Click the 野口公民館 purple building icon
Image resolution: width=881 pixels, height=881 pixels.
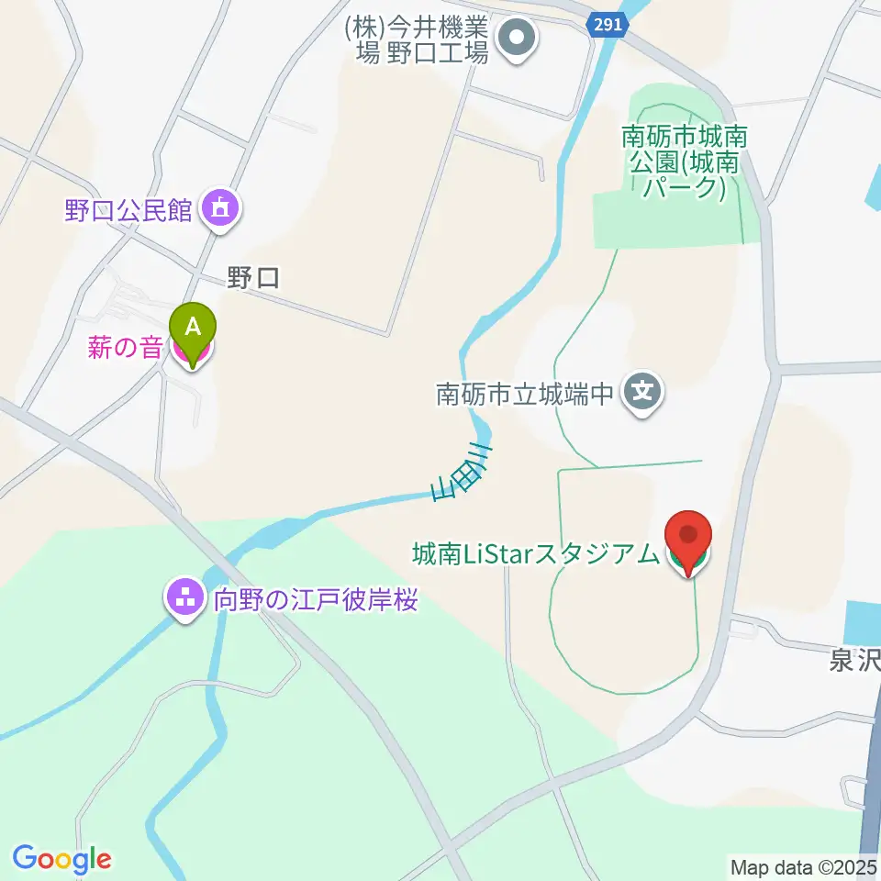(221, 211)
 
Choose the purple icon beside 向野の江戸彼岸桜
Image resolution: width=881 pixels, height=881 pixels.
(185, 601)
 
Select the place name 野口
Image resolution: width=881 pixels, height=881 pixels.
(253, 278)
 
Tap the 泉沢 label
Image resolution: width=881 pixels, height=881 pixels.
(853, 661)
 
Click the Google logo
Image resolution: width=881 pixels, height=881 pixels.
(61, 859)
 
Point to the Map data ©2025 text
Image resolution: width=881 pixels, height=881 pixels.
(803, 866)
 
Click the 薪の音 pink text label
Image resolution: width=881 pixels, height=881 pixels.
(126, 349)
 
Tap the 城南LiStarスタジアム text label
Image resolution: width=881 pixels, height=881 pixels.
(535, 554)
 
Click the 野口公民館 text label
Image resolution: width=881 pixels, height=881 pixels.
(128, 211)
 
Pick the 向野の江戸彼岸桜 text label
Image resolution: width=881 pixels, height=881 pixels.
(316, 601)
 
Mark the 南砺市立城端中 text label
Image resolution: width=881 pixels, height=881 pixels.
(523, 395)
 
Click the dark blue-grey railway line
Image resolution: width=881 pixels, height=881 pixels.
(870, 780)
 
